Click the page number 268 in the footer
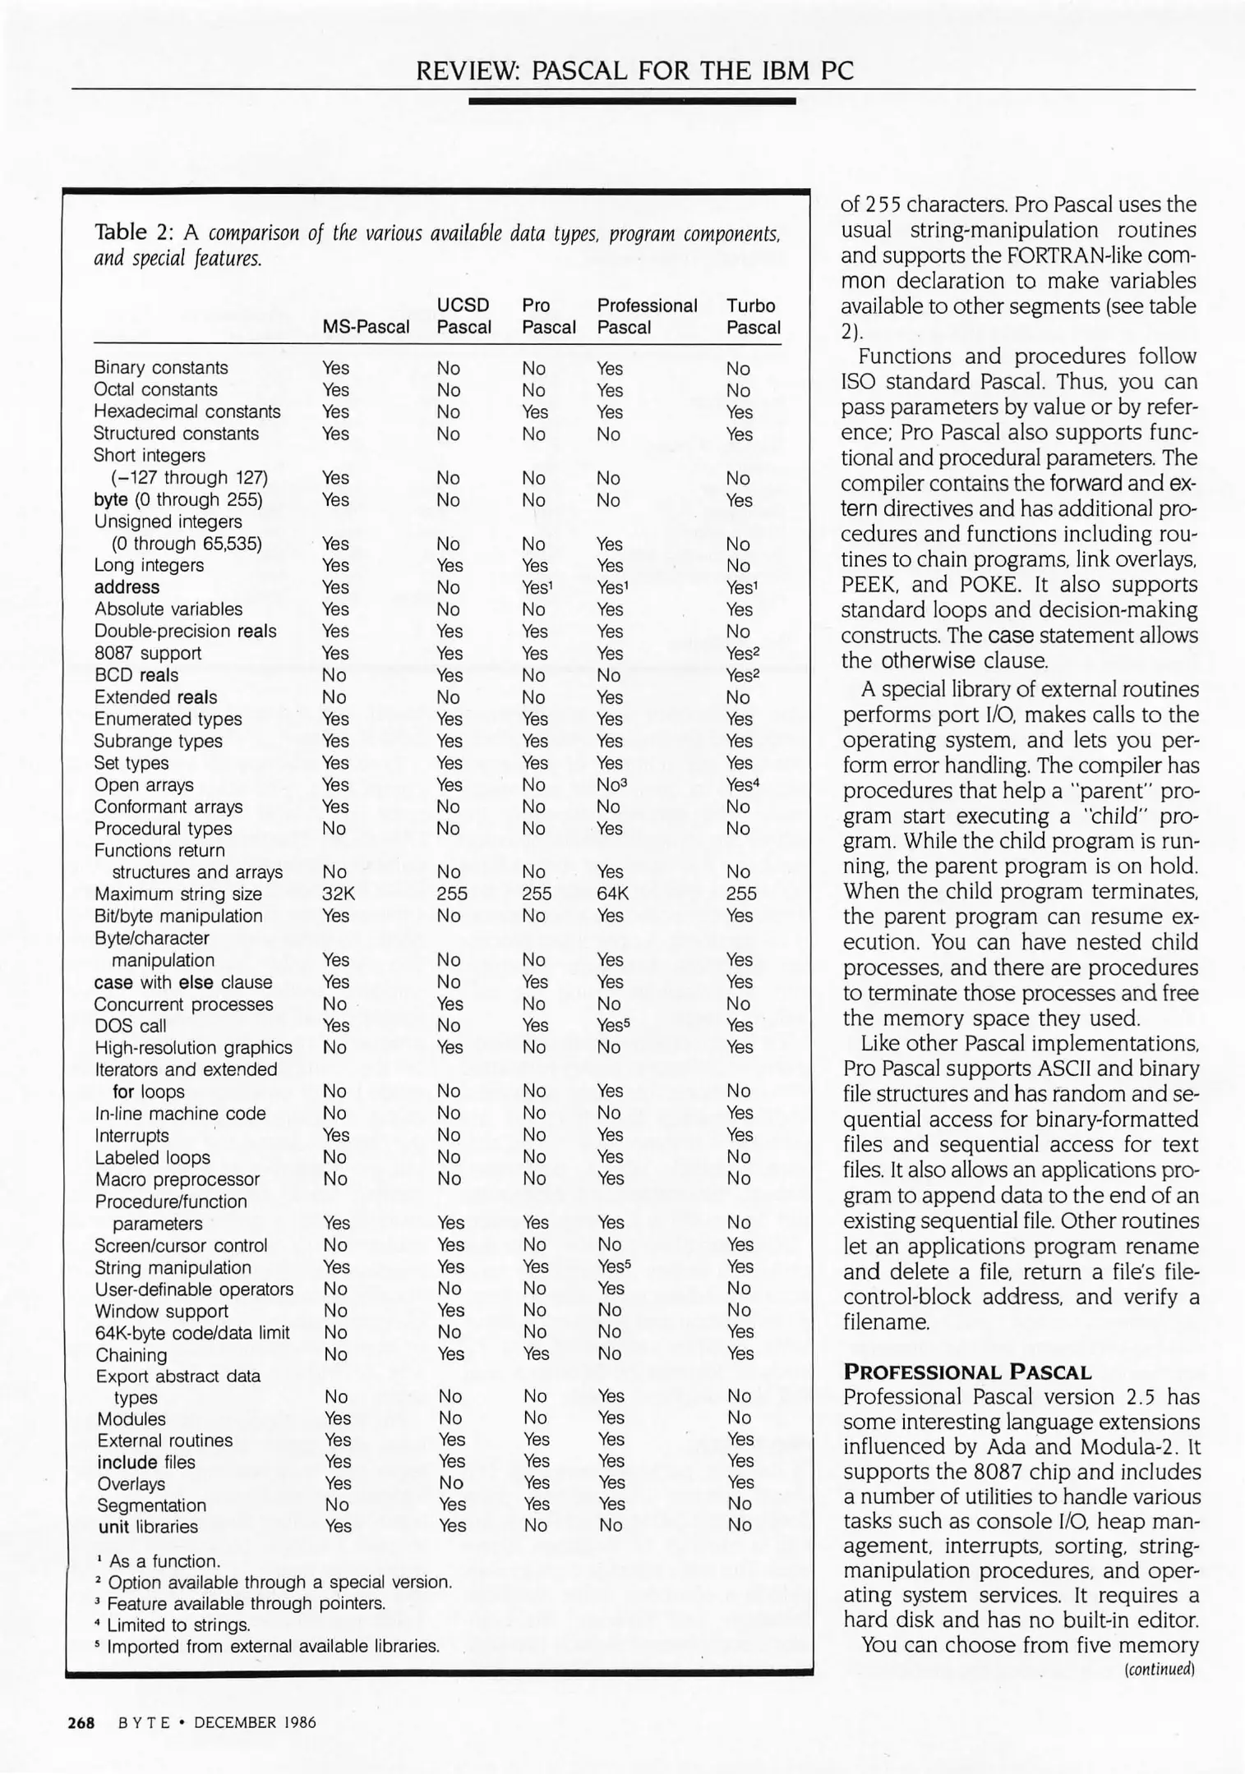(81, 1722)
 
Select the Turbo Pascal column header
(753, 316)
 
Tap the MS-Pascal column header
(365, 327)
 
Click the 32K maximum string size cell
(338, 894)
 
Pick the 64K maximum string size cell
(612, 894)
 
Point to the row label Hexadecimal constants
(187, 411)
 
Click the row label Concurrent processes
(183, 1004)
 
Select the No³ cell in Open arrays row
(612, 784)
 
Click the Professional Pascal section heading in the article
(966, 1372)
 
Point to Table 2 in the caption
(134, 232)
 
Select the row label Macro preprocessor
(177, 1179)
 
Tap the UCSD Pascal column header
(463, 316)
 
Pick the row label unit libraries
(147, 1527)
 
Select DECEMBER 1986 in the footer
(255, 1722)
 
